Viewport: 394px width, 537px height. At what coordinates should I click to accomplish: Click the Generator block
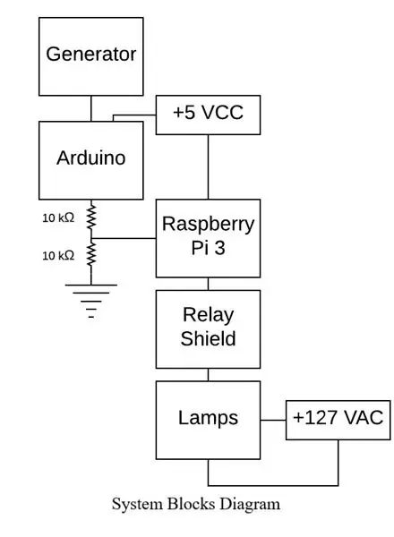tap(90, 56)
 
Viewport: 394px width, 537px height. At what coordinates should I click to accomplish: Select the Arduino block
tap(90, 160)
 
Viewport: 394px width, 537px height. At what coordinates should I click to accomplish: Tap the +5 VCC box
tap(208, 115)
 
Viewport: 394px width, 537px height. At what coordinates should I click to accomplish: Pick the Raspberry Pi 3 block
tap(208, 238)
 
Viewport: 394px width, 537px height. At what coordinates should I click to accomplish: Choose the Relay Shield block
tap(208, 329)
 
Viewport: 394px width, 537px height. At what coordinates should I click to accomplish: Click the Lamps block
tap(208, 421)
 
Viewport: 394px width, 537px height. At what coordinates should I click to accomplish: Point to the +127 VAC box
tap(338, 421)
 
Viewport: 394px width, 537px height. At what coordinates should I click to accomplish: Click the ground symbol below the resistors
tap(91, 302)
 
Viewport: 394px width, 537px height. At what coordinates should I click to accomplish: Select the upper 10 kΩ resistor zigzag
tap(91, 217)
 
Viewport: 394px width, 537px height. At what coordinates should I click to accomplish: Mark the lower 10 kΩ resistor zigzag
tap(91, 254)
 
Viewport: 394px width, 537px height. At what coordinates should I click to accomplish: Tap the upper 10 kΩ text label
tap(58, 217)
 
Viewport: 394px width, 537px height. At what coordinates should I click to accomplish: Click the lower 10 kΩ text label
tap(58, 255)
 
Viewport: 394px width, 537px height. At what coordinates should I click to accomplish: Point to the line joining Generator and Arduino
tap(91, 108)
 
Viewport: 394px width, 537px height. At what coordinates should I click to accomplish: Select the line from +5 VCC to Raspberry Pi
tap(208, 166)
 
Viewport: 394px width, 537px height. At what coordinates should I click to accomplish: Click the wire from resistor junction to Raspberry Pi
tap(124, 238)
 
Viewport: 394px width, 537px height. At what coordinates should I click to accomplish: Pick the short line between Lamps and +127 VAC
tap(273, 421)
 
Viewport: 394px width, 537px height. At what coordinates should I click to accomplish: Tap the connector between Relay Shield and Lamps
tap(208, 375)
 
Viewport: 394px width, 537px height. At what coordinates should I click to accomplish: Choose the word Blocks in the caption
tap(192, 504)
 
